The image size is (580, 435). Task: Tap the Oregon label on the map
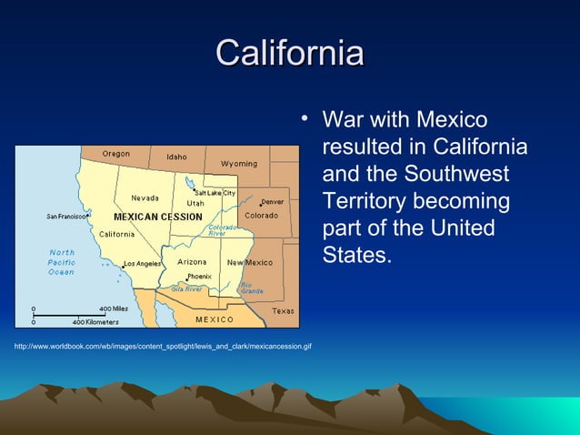click(x=115, y=154)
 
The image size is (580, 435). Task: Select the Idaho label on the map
click(x=176, y=157)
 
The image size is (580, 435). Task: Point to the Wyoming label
click(x=239, y=164)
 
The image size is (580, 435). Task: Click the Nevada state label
click(x=145, y=197)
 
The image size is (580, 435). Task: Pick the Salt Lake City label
click(x=215, y=193)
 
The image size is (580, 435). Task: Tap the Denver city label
click(x=273, y=202)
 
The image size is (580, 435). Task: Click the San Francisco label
click(x=66, y=217)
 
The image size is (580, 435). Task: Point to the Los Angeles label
click(x=142, y=264)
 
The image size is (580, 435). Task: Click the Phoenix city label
click(x=199, y=276)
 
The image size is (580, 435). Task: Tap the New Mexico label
click(x=250, y=262)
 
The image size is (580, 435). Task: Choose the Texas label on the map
click(x=283, y=311)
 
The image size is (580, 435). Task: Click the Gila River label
click(x=186, y=288)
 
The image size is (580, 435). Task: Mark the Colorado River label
click(x=224, y=230)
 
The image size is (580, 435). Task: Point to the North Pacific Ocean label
click(x=62, y=262)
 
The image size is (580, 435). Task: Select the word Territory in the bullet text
click(x=366, y=200)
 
